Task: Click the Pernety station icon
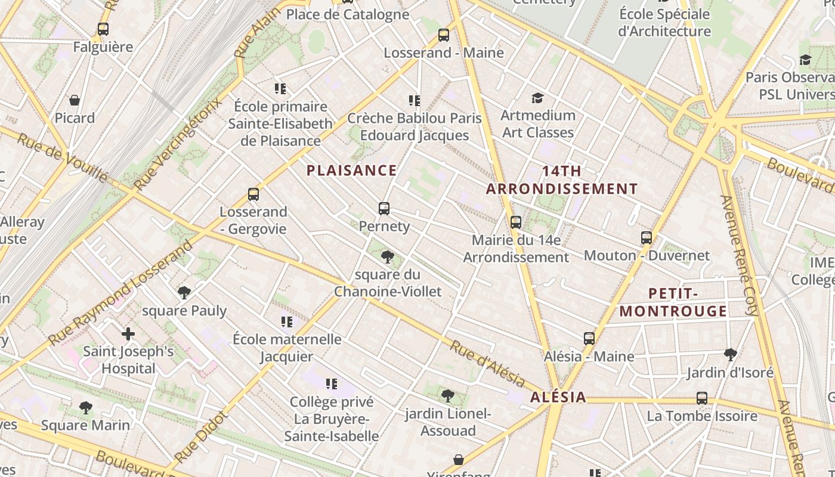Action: (384, 209)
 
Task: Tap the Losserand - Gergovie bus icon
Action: (253, 194)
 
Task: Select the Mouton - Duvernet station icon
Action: (647, 238)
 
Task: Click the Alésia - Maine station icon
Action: (589, 339)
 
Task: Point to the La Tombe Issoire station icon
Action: (702, 398)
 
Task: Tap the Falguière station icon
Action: (103, 29)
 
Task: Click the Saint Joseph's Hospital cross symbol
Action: (128, 334)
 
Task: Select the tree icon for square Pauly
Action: (184, 293)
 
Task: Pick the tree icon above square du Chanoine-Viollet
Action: (388, 257)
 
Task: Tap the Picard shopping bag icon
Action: (75, 100)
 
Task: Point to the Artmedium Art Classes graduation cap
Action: (538, 98)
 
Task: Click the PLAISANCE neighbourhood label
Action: (351, 171)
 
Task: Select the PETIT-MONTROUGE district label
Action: (673, 302)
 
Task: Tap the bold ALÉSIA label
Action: (558, 398)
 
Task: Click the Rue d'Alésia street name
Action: (487, 364)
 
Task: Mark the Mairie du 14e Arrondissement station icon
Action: (516, 222)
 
